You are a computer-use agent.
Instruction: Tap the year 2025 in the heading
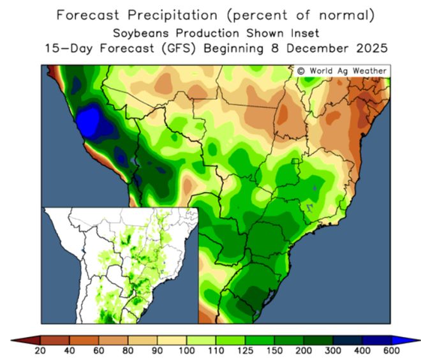(x=370, y=48)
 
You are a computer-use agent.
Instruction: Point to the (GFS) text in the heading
(x=168, y=48)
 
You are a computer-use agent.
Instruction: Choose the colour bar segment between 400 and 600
(x=376, y=340)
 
